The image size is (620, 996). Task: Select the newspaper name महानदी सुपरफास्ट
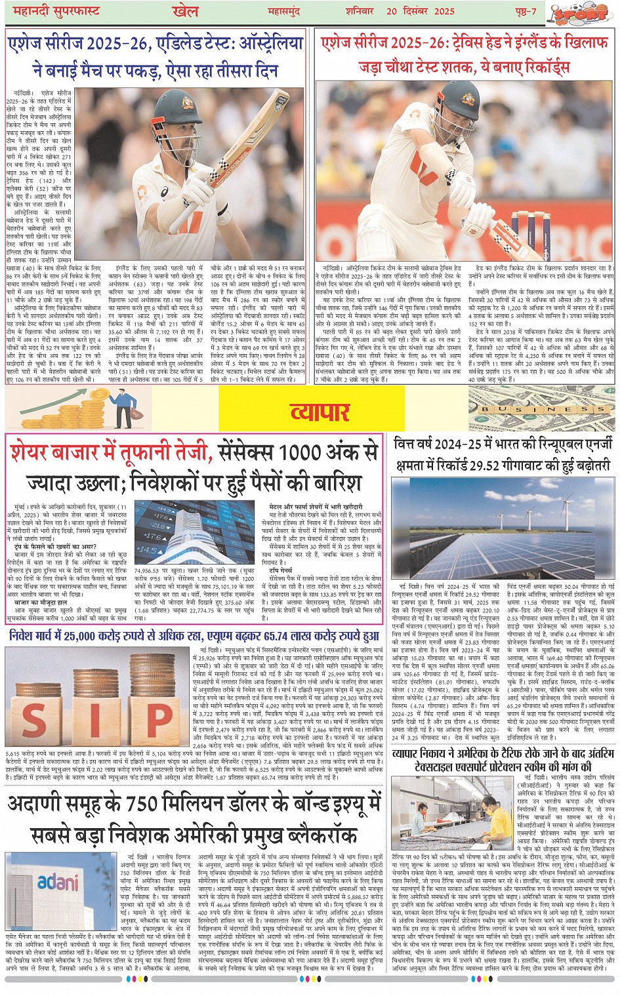(x=52, y=11)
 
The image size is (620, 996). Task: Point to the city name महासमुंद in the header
(x=287, y=11)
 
